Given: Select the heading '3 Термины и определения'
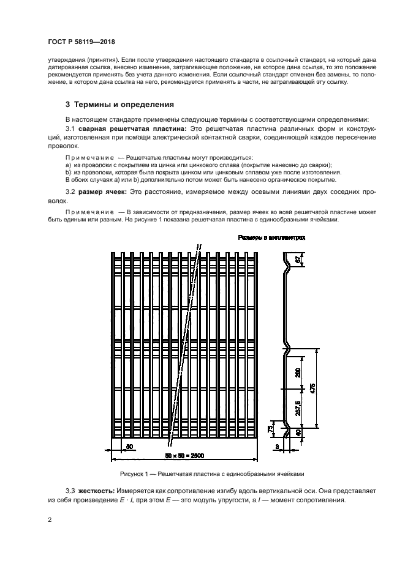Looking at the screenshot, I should (119, 103).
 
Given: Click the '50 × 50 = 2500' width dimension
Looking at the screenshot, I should (184, 456).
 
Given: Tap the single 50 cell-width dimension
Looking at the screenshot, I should (129, 447).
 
